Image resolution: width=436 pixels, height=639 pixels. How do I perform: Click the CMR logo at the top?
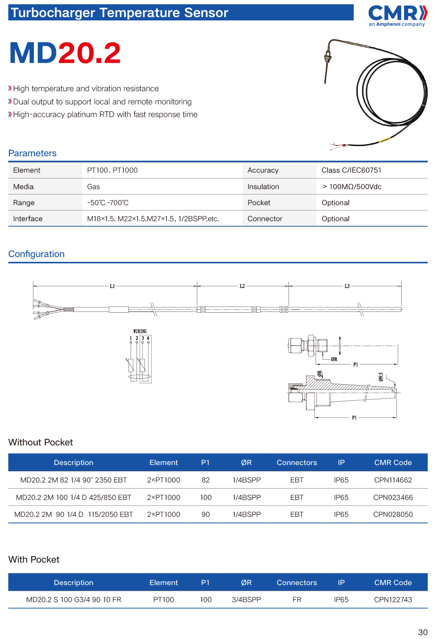(x=397, y=16)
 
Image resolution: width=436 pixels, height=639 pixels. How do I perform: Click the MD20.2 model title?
(x=65, y=53)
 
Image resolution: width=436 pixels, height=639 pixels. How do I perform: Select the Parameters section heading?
(x=32, y=153)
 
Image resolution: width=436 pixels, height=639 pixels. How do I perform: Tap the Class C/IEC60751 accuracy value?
(x=351, y=170)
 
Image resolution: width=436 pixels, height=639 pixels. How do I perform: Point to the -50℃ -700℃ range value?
(x=108, y=202)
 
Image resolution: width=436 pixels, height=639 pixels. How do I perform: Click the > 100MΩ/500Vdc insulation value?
(x=352, y=186)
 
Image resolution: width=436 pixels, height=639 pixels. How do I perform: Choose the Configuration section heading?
(x=36, y=254)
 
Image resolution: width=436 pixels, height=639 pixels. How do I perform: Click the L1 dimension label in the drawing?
(x=112, y=286)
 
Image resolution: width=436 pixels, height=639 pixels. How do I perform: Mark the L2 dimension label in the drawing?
(x=242, y=286)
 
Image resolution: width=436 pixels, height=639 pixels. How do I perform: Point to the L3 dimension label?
(x=347, y=286)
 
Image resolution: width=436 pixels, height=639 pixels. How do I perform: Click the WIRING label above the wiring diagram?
(x=140, y=331)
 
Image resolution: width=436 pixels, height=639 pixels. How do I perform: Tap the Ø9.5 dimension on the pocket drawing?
(x=381, y=377)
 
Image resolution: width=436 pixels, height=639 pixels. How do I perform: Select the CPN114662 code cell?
(x=393, y=480)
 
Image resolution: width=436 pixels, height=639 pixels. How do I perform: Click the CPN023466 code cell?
(x=393, y=497)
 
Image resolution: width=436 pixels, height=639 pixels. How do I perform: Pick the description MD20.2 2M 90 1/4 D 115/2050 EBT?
(x=73, y=514)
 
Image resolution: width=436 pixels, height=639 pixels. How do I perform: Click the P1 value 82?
(x=205, y=480)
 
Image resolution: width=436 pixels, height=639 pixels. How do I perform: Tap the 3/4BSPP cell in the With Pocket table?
(x=246, y=599)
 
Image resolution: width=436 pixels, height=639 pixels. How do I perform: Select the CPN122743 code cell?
(x=393, y=599)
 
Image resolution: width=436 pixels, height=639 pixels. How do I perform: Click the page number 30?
(x=423, y=632)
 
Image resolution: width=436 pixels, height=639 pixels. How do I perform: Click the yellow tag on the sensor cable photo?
(x=385, y=140)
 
